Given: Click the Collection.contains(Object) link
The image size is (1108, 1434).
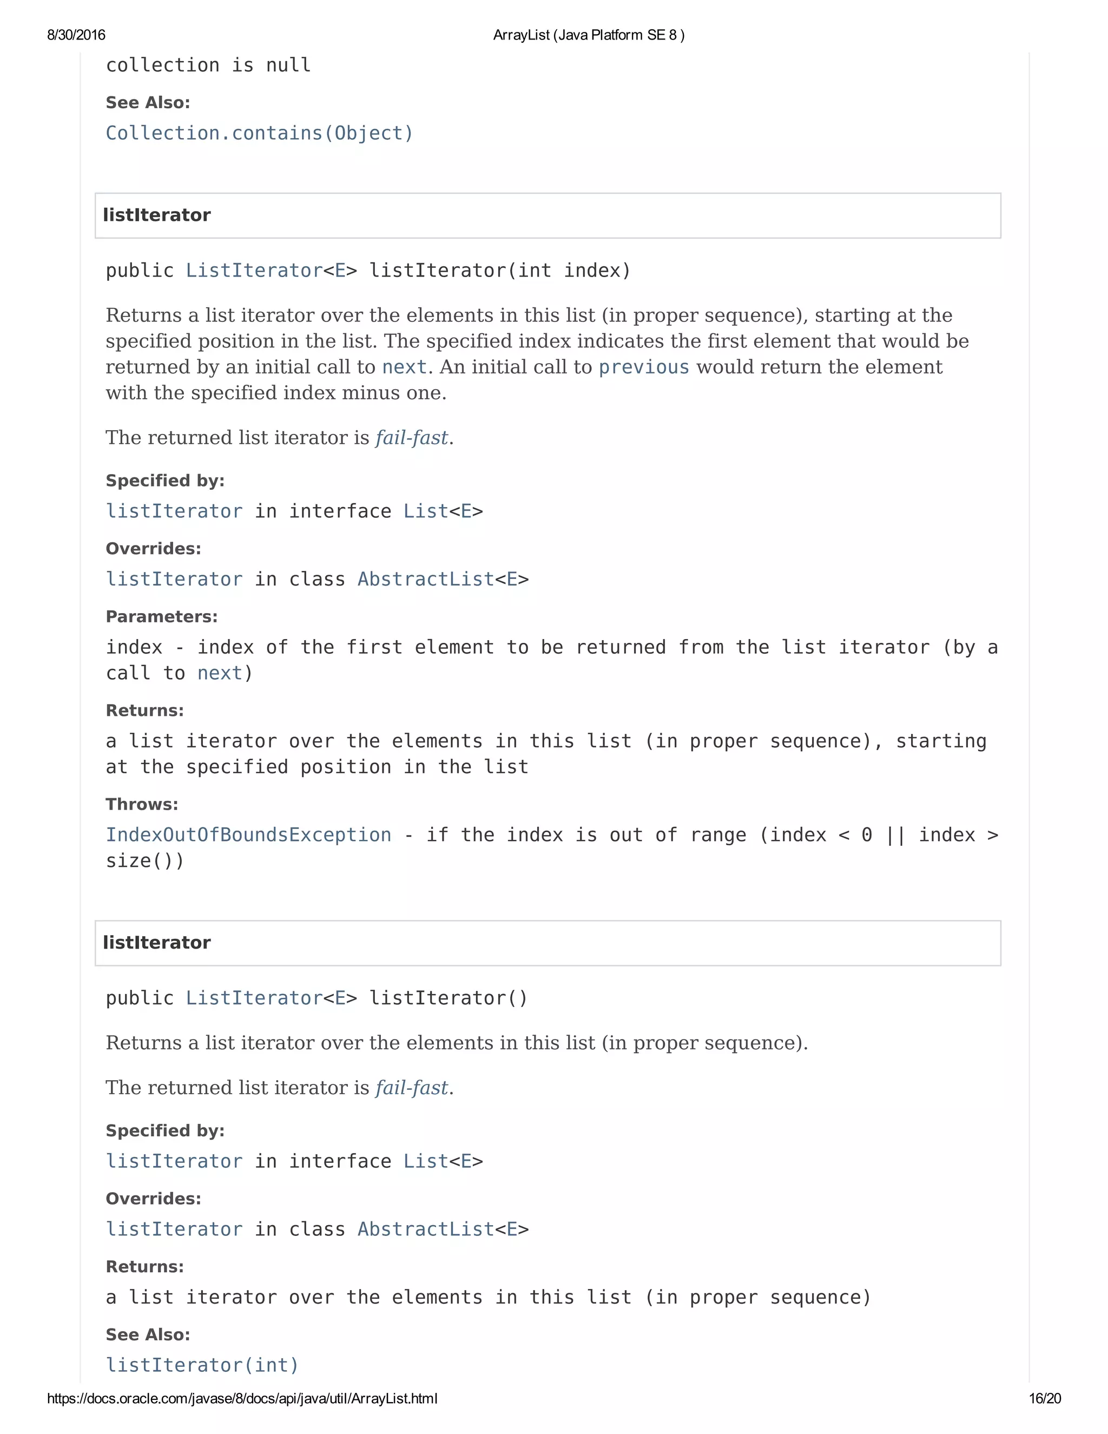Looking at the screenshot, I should (x=259, y=133).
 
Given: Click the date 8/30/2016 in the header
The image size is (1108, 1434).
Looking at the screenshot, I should (x=76, y=35).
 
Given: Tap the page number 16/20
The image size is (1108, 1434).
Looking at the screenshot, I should (x=1044, y=1398).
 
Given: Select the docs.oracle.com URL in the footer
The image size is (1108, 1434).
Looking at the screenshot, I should (x=242, y=1398).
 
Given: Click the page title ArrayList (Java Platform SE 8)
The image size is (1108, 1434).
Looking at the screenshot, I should (x=588, y=35).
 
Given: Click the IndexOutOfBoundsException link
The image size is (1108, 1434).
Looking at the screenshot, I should (x=248, y=835).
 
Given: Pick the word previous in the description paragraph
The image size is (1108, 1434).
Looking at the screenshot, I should (x=643, y=367).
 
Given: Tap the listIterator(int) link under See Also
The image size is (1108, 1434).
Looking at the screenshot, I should (x=202, y=1366).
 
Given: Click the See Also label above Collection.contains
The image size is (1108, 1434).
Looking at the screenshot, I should (x=148, y=102).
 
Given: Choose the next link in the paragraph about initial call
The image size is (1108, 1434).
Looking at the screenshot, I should (x=404, y=367).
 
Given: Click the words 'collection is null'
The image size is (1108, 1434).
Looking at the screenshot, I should (x=208, y=65).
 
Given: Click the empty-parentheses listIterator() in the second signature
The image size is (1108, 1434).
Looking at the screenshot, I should (x=449, y=998).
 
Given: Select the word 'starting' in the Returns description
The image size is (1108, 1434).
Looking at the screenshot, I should (x=941, y=741).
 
